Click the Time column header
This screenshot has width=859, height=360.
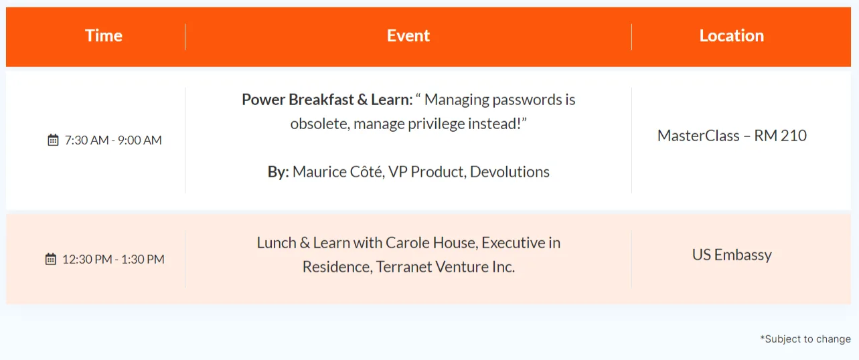(x=104, y=35)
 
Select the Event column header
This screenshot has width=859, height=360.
(x=408, y=35)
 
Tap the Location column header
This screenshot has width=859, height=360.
(x=732, y=35)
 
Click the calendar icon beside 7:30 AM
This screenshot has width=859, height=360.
(x=53, y=140)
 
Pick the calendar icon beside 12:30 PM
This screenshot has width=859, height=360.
(x=51, y=259)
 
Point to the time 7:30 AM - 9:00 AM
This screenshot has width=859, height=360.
(x=113, y=141)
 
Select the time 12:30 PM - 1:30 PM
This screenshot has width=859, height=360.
(x=113, y=260)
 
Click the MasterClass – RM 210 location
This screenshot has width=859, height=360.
(x=732, y=136)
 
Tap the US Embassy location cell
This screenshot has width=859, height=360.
(x=732, y=255)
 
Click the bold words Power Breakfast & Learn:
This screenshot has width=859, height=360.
(x=327, y=100)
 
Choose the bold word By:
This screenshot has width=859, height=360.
(x=278, y=172)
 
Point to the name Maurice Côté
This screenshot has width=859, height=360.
(x=338, y=172)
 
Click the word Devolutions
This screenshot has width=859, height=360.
(x=510, y=172)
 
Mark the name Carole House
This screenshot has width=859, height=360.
(x=431, y=243)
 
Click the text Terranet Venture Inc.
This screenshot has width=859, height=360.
(x=445, y=267)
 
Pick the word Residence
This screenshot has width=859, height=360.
(x=337, y=267)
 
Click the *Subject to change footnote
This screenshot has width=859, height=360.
(x=805, y=339)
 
